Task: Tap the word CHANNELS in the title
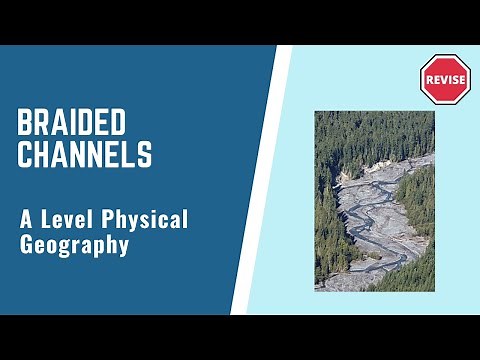(x=86, y=155)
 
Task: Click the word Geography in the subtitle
(x=74, y=244)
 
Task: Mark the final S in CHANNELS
(x=146, y=155)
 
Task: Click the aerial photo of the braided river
(x=374, y=200)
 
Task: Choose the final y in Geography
(x=123, y=246)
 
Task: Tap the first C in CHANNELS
(x=26, y=155)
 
